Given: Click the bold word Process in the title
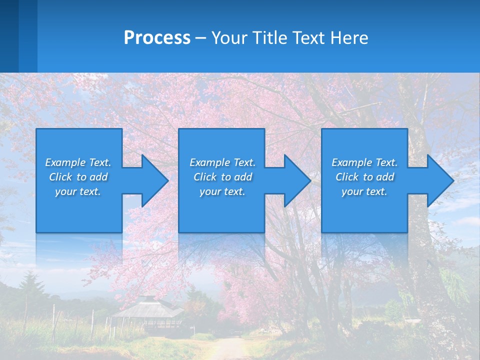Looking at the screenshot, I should (x=157, y=38).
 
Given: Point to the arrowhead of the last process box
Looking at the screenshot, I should (x=439, y=180).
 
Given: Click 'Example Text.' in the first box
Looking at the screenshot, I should (x=78, y=162).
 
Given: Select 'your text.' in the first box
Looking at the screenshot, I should (x=78, y=191).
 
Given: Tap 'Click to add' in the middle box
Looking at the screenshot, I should (x=222, y=177).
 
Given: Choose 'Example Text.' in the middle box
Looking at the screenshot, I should (x=222, y=162).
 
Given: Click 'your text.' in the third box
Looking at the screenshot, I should (x=364, y=191).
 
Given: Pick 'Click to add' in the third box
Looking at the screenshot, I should (x=364, y=177).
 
